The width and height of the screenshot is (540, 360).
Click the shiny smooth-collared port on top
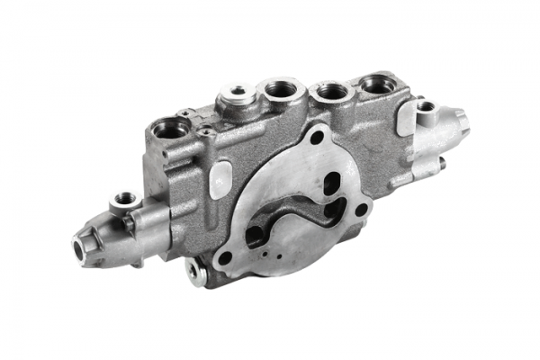click(x=238, y=92)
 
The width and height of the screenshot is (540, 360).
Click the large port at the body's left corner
click(x=172, y=130)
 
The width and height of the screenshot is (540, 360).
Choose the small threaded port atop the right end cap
click(x=426, y=106)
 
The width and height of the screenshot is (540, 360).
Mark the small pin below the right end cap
click(x=442, y=164)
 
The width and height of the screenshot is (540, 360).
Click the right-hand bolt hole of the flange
click(x=362, y=210)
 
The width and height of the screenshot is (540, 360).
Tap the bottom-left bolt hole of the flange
click(x=224, y=256)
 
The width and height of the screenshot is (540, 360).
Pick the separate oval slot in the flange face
click(x=332, y=184)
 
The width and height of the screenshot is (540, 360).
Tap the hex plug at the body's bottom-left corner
click(x=194, y=268)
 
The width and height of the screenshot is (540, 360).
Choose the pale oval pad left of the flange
click(x=220, y=180)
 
